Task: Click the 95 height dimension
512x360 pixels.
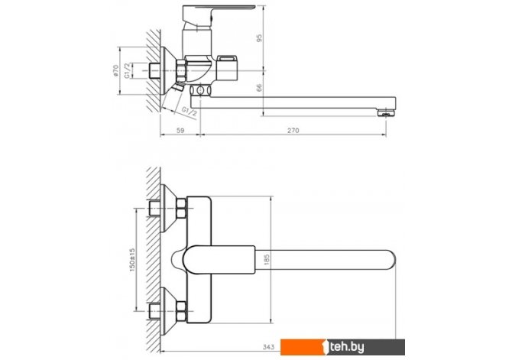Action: [x=259, y=38]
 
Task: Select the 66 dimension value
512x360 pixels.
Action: [x=259, y=88]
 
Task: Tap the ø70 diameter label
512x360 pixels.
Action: [x=115, y=71]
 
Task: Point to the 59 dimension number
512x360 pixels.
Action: [x=180, y=131]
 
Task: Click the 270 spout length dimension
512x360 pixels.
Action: [x=293, y=131]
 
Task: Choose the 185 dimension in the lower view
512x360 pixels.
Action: [x=267, y=259]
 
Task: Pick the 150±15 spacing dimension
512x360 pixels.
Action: [x=132, y=260]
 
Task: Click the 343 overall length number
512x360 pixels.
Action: [x=268, y=347]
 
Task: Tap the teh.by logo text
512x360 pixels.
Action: [x=346, y=347]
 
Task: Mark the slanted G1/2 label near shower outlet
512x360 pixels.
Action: [x=189, y=111]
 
